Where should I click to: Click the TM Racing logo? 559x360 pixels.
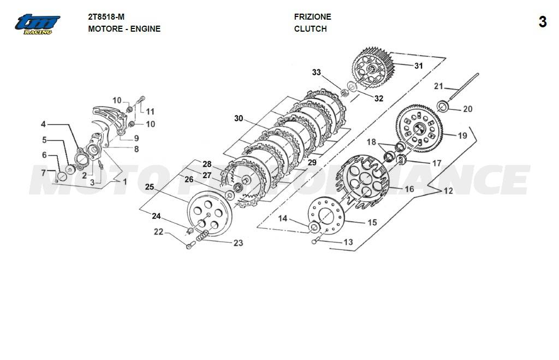[38, 24]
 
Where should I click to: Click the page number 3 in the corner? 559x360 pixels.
[542, 22]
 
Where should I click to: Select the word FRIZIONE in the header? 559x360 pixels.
[312, 17]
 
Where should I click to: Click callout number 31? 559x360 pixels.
[418, 66]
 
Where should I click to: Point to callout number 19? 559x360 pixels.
[462, 135]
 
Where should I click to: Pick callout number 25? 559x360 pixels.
[150, 187]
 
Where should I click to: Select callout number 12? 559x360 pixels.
[448, 191]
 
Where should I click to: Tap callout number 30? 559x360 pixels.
[239, 119]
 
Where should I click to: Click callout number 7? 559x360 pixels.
[44, 173]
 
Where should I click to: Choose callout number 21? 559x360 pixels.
[439, 86]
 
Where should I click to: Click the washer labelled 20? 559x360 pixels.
[444, 106]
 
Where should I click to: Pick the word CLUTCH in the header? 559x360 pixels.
[310, 29]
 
